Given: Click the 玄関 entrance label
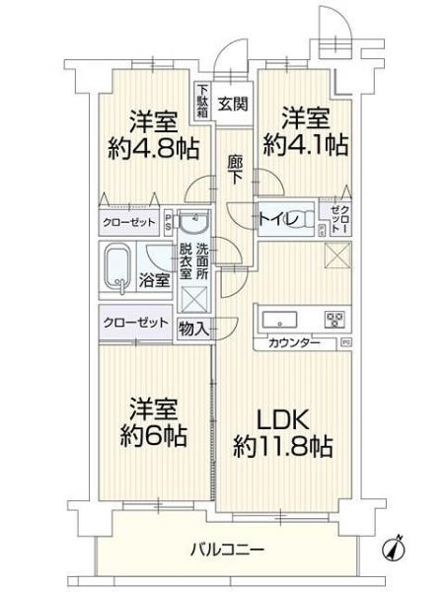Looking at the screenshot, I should coord(233,102).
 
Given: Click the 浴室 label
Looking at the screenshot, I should coord(156,279).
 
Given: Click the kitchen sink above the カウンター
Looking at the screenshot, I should coord(279,319).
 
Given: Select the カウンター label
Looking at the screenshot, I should coord(292,342).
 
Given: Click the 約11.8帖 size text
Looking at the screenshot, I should coord(282,446).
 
